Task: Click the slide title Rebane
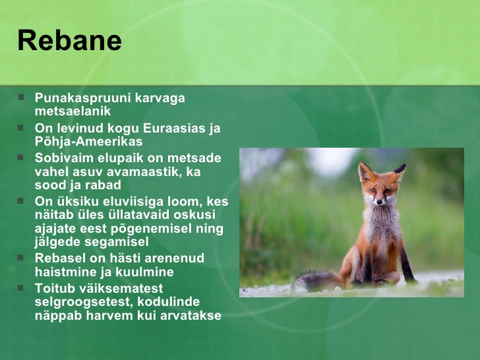click(70, 40)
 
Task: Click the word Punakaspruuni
click(83, 99)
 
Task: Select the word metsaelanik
click(73, 111)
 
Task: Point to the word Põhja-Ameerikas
click(89, 142)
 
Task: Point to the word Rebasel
click(60, 258)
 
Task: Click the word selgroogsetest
click(84, 302)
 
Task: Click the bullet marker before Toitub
click(21, 288)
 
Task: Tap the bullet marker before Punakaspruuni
click(21, 98)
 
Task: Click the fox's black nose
click(379, 202)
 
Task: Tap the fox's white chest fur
click(380, 224)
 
